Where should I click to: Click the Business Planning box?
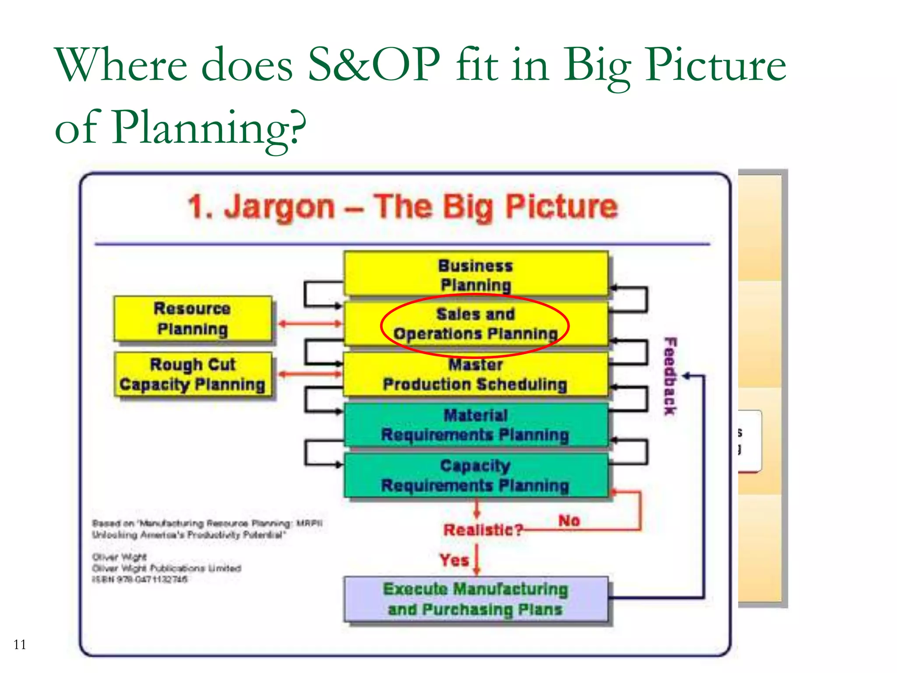click(476, 274)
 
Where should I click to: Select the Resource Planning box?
click(193, 319)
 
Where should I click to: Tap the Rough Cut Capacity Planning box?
click(193, 374)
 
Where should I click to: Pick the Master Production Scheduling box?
click(476, 375)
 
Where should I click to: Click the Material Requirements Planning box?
click(476, 425)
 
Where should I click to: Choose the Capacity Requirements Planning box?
click(476, 475)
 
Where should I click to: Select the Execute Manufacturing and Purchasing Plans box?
click(476, 599)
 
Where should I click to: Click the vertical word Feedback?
click(670, 376)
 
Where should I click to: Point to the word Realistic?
click(483, 530)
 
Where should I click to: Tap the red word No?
click(569, 521)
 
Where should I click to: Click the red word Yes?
click(454, 560)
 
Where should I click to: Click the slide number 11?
click(20, 645)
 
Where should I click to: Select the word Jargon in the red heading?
click(279, 207)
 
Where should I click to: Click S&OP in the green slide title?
click(374, 65)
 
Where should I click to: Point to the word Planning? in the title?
click(209, 128)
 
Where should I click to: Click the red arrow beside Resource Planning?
click(310, 324)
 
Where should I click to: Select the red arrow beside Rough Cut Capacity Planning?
click(310, 374)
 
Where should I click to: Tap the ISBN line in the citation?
click(140, 579)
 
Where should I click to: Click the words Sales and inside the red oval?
click(476, 314)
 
